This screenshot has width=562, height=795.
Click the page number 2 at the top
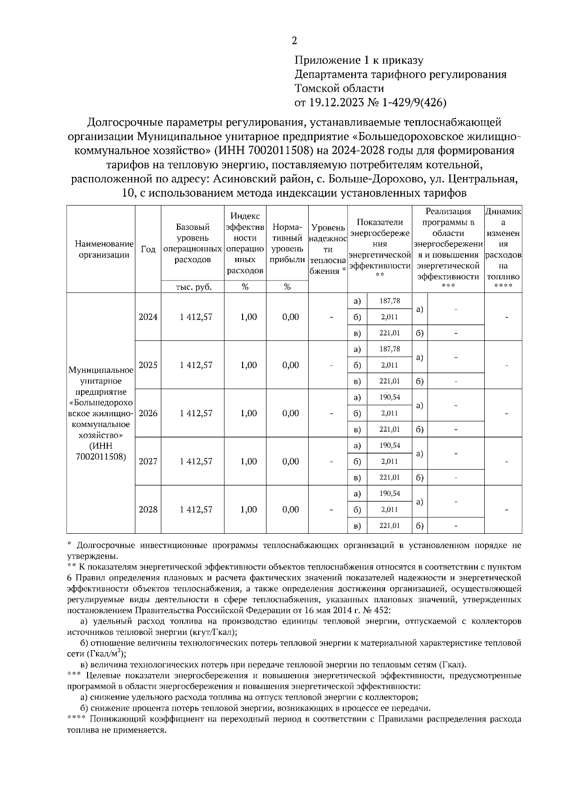point(294,41)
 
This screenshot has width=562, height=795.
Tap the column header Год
point(148,250)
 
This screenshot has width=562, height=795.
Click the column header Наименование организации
point(100,249)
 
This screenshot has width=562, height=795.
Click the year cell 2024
point(148,317)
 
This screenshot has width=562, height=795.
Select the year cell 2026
point(148,413)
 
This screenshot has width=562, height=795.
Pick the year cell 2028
point(148,509)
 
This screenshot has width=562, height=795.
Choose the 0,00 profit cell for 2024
point(290,317)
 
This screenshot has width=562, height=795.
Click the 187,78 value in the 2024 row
point(389,301)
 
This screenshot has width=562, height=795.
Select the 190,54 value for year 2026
point(389,397)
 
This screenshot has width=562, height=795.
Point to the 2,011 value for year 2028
point(389,509)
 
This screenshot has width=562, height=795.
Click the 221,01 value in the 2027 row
point(389,478)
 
